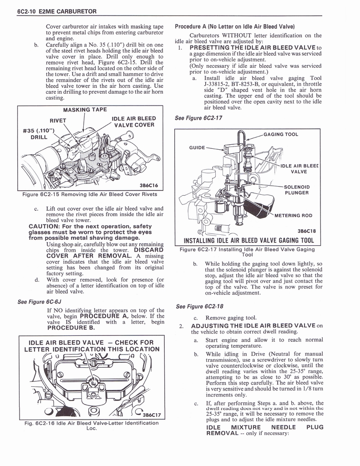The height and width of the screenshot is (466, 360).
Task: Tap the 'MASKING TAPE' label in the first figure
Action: click(85, 110)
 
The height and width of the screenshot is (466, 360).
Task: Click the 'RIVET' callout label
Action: click(58, 121)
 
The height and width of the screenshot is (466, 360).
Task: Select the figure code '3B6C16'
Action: click(149, 185)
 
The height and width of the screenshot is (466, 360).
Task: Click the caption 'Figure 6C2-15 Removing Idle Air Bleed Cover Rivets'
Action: click(90, 195)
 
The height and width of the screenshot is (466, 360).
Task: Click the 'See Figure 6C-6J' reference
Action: click(40, 301)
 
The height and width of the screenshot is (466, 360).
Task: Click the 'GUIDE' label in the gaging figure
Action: click(198, 147)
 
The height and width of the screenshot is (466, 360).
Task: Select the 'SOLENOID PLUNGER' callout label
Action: click(296, 190)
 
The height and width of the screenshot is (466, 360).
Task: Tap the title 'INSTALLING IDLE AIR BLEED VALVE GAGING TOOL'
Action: click(248, 240)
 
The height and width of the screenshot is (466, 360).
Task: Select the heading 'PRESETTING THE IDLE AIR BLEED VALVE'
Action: click(253, 48)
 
